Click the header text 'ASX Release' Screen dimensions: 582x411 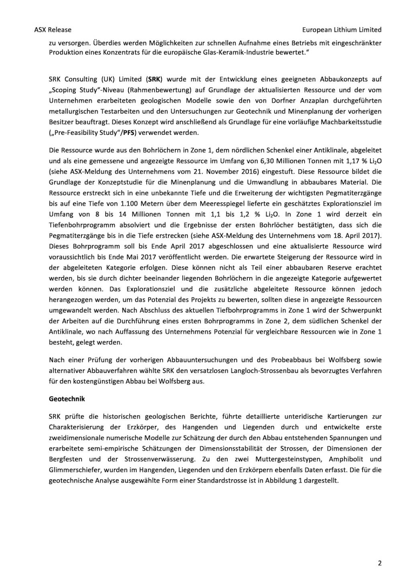pos(53,30)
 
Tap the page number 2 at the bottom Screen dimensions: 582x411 pos(380,563)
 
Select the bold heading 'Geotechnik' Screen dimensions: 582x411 pos(67,399)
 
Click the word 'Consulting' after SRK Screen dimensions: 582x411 pos(82,79)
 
